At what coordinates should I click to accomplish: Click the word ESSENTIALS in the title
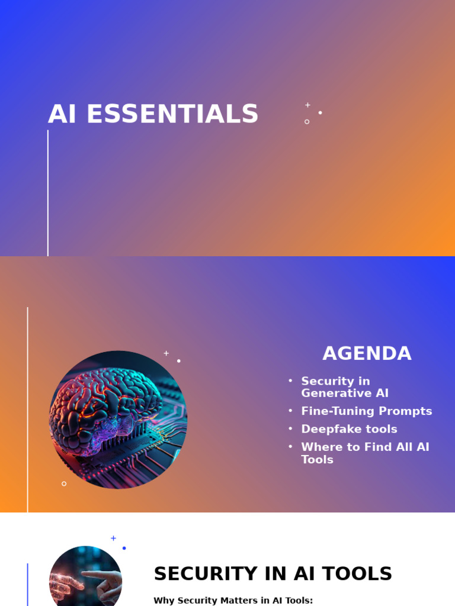[x=172, y=114]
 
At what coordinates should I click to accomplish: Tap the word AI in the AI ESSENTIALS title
[x=62, y=114]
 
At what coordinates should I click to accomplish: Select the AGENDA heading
[x=367, y=353]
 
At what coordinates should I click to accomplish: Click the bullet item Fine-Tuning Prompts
[x=367, y=411]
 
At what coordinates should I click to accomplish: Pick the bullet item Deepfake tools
[x=349, y=429]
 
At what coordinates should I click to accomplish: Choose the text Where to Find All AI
[x=365, y=447]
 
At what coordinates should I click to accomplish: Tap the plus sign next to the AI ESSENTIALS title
[x=307, y=105]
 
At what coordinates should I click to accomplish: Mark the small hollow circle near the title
[x=307, y=122]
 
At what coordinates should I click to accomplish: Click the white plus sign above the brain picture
[x=166, y=353]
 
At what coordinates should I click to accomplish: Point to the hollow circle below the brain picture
[x=64, y=483]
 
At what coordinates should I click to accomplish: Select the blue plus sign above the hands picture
[x=113, y=539]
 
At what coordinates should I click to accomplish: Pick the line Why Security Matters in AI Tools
[x=233, y=600]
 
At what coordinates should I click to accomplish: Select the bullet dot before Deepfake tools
[x=290, y=429]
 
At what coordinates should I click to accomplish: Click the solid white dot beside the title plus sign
[x=321, y=112]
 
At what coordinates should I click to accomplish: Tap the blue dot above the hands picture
[x=124, y=548]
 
